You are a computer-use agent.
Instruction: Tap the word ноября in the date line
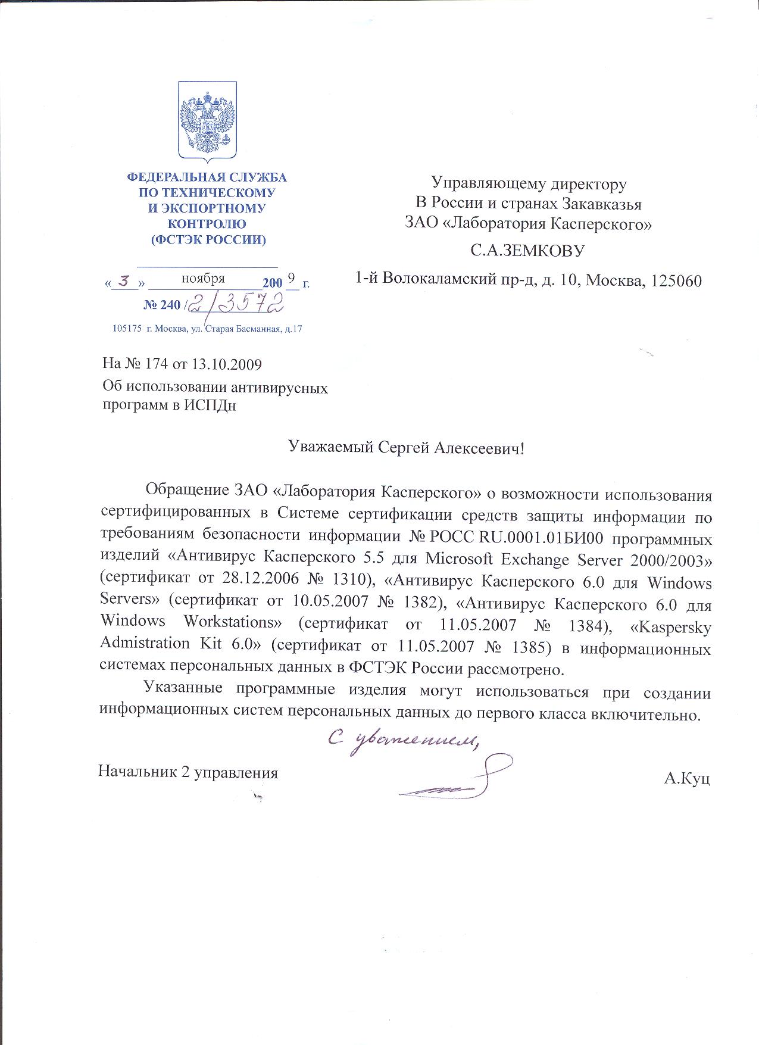[203, 278]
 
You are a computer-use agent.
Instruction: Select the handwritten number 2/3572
[235, 304]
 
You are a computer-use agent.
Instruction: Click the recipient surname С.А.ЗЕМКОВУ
[527, 251]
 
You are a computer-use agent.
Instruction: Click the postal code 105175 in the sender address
[126, 329]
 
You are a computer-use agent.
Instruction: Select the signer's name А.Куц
[688, 778]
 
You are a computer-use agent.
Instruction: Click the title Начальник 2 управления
[188, 773]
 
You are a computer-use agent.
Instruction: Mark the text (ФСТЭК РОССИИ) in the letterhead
[208, 240]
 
